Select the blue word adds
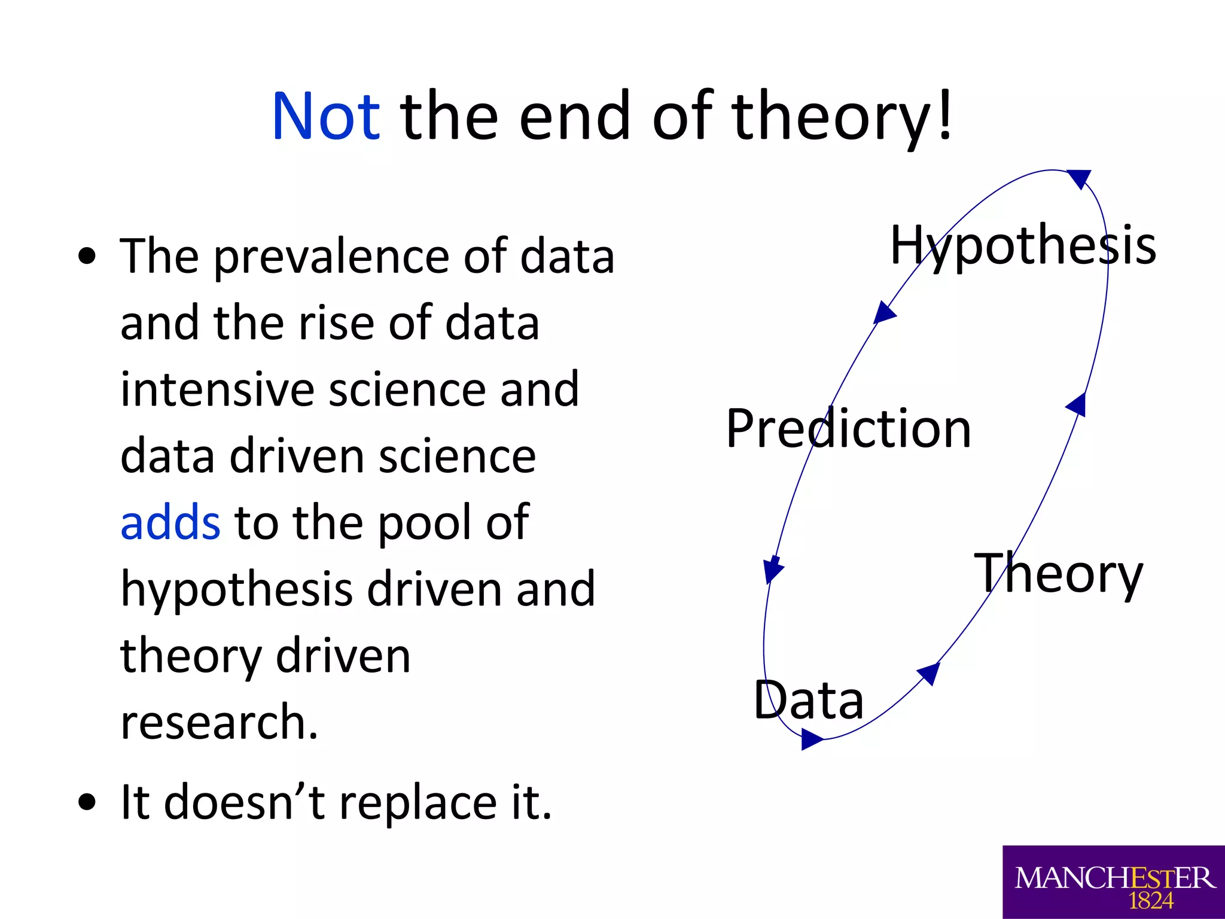coord(170,522)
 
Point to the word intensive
coord(217,389)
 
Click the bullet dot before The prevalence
coord(87,257)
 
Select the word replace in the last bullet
coord(418,804)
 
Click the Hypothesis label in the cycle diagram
coord(1023,245)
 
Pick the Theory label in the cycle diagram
coord(1058,573)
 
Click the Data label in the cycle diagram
coord(808,700)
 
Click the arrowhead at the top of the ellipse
coord(1080,178)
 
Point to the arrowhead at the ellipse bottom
coord(811,739)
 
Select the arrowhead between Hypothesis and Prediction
coord(883,312)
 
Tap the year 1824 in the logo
coord(1150,900)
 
